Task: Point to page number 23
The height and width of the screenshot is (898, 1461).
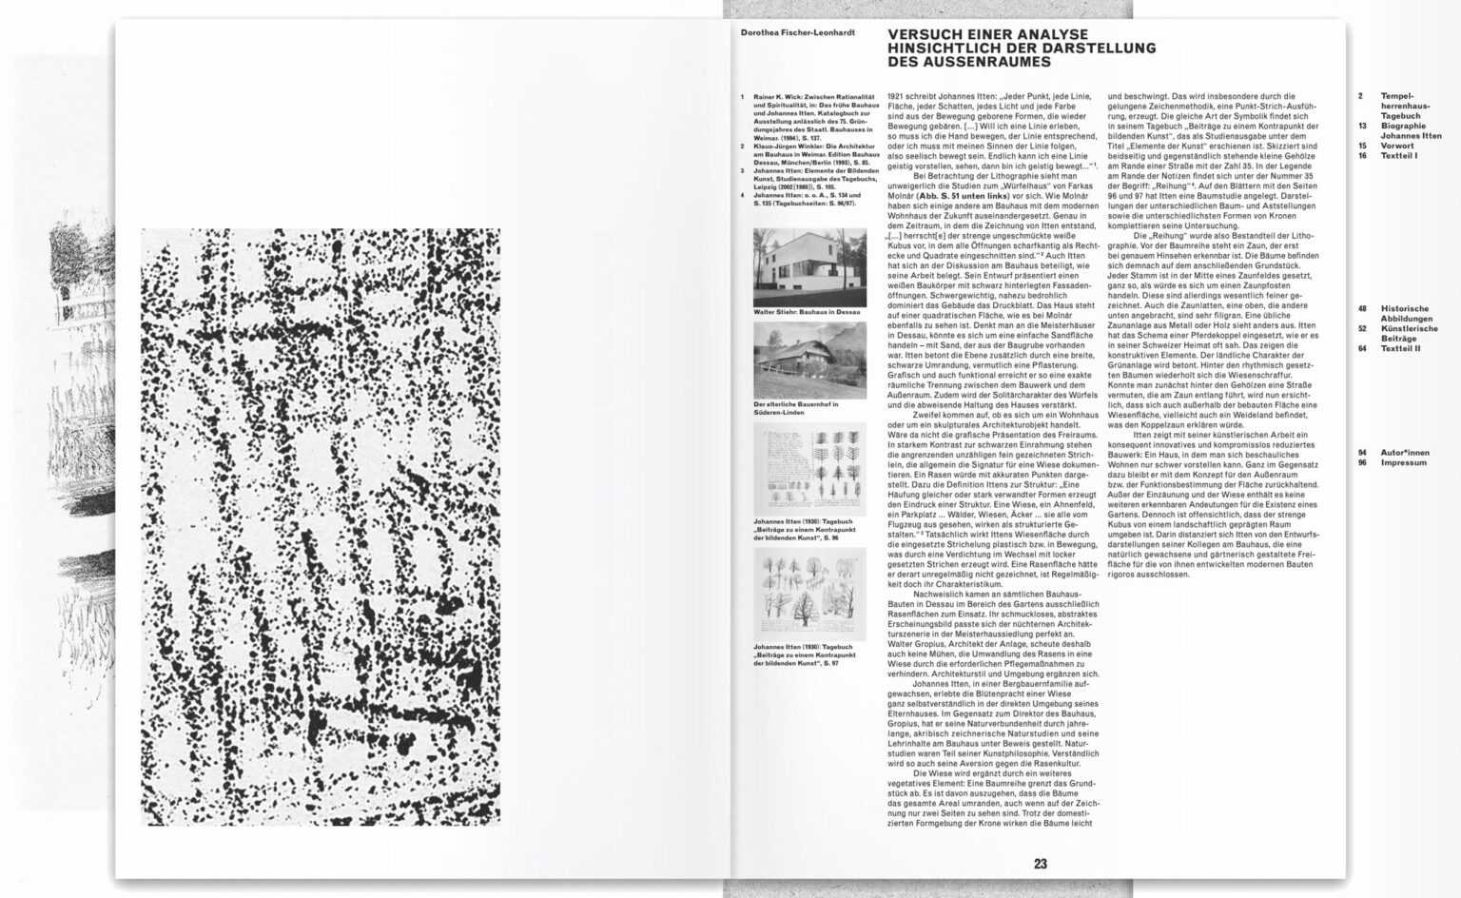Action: [1040, 864]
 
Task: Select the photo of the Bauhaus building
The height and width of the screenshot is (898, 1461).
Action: [809, 266]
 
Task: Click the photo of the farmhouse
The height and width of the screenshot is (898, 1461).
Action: [809, 360]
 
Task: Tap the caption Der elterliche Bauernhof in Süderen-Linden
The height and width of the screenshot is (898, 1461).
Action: [796, 408]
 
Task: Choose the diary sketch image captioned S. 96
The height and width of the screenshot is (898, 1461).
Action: [809, 470]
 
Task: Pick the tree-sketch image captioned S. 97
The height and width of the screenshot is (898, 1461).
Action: [809, 593]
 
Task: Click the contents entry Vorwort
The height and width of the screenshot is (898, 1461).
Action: [1397, 146]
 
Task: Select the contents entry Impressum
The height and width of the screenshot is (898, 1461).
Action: [1404, 463]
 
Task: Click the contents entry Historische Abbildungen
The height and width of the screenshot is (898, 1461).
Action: [1405, 314]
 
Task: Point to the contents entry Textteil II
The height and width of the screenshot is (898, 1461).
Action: [1400, 348]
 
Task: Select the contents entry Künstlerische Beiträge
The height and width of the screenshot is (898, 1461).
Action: [1409, 334]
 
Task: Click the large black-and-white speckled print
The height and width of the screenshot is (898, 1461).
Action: [321, 526]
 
